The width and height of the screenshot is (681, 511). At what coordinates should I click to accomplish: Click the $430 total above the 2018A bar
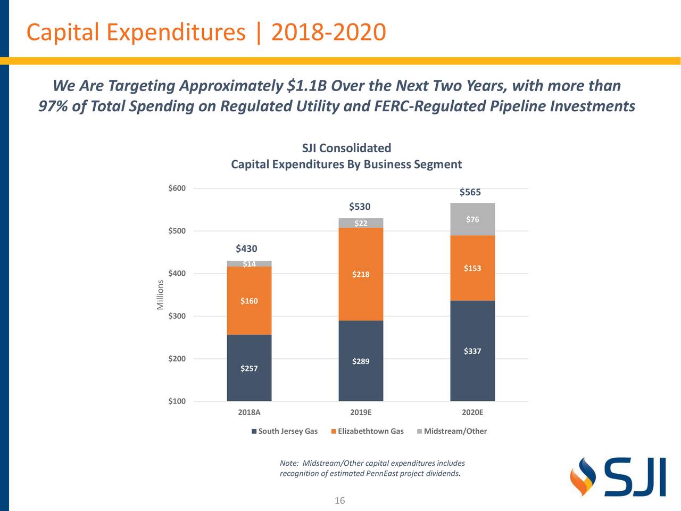pyautogui.click(x=246, y=249)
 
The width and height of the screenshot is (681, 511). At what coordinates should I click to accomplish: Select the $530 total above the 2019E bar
pyautogui.click(x=360, y=207)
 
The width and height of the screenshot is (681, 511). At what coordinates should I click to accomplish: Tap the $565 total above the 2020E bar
pyautogui.click(x=470, y=192)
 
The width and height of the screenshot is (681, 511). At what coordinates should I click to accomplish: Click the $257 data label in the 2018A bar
pyautogui.click(x=249, y=368)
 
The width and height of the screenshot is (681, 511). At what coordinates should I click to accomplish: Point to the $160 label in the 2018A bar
pyautogui.click(x=249, y=301)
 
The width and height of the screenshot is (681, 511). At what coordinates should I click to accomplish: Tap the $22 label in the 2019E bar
pyautogui.click(x=361, y=223)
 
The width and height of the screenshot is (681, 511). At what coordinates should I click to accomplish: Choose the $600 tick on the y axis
pyautogui.click(x=177, y=188)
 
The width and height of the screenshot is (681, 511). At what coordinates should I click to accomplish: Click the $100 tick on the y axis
pyautogui.click(x=177, y=401)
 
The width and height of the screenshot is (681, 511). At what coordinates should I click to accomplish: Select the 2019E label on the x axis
pyautogui.click(x=361, y=413)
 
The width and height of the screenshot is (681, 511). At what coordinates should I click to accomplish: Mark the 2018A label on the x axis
pyautogui.click(x=249, y=413)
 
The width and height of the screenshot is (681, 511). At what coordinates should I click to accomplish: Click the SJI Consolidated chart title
pyautogui.click(x=346, y=148)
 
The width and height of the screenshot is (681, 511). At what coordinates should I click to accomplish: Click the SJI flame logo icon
pyautogui.click(x=582, y=476)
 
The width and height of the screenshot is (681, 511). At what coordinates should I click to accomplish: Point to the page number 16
pyautogui.click(x=339, y=500)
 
